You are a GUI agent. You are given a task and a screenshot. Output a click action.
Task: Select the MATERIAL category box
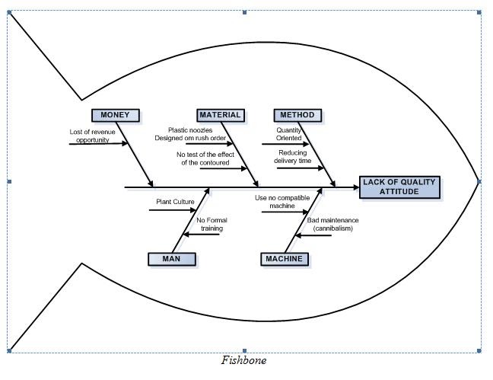pyautogui.click(x=220, y=116)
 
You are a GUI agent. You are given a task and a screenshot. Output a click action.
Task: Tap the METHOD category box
pyautogui.click(x=297, y=116)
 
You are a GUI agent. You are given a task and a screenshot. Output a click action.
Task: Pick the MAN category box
pyautogui.click(x=171, y=259)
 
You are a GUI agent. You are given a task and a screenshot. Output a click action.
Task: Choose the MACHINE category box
pyautogui.click(x=284, y=259)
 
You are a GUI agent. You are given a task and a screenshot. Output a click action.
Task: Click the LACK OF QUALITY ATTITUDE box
pyautogui.click(x=400, y=187)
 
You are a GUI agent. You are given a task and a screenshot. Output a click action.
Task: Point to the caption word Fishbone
pyautogui.click(x=244, y=360)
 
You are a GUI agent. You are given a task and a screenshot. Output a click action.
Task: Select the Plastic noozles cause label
pyautogui.click(x=196, y=134)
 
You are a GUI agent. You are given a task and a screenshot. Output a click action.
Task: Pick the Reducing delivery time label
pyautogui.click(x=293, y=157)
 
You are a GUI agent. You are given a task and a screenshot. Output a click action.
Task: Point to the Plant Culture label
pyautogui.click(x=175, y=202)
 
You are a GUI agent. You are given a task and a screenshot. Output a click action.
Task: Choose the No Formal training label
pyautogui.click(x=212, y=224)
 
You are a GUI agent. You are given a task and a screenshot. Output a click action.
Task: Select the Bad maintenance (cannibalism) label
pyautogui.click(x=332, y=224)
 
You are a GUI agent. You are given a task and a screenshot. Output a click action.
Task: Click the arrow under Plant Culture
pyautogui.click(x=173, y=210)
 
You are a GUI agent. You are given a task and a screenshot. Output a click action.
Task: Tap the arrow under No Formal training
pyautogui.click(x=202, y=234)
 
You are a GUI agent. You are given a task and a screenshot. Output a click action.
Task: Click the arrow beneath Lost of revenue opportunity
pyautogui.click(x=99, y=143)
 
